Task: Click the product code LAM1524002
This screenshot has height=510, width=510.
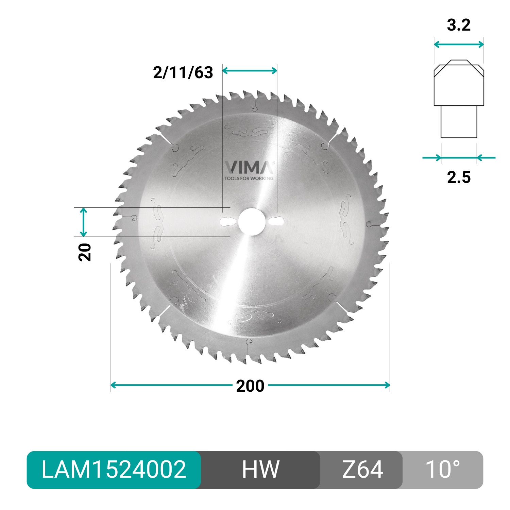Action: (114, 470)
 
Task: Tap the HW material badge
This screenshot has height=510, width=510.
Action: (260, 470)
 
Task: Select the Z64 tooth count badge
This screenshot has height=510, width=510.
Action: (362, 470)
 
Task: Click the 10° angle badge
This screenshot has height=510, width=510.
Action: (443, 470)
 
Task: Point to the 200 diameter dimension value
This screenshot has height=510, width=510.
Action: (250, 386)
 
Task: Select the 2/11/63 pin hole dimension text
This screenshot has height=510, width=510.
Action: (183, 72)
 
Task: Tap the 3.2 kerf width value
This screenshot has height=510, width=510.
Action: (459, 25)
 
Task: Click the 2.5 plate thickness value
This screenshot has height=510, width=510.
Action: (459, 177)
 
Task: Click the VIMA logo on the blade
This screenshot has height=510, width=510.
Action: (249, 167)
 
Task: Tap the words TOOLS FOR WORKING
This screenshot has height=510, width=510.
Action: (249, 178)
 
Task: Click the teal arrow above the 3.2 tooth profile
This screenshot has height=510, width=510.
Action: (459, 44)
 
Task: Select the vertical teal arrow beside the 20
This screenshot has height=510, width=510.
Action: (83, 222)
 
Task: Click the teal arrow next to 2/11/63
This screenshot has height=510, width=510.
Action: (250, 70)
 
